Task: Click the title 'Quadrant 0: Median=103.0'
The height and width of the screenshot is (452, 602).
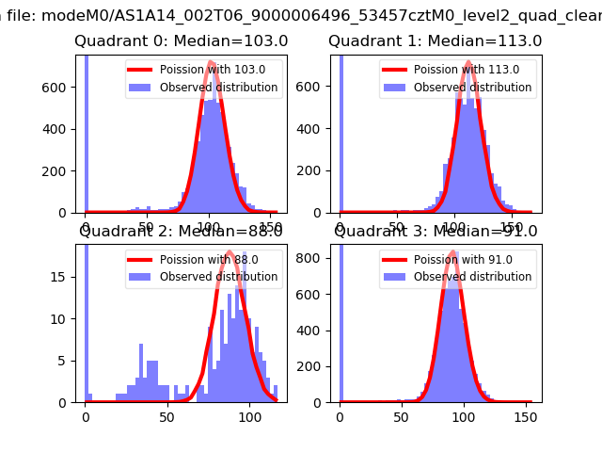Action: pyautogui.click(x=182, y=41)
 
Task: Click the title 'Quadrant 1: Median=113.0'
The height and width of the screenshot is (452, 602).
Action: pyautogui.click(x=436, y=41)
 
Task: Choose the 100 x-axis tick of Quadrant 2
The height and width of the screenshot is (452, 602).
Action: pyautogui.click(x=249, y=415)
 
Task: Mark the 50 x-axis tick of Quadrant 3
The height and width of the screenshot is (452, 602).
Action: pyautogui.click(x=400, y=415)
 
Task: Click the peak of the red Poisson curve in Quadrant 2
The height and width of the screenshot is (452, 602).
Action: pyautogui.click(x=230, y=252)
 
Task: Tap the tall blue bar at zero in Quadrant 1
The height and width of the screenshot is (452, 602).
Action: pyautogui.click(x=340, y=132)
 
